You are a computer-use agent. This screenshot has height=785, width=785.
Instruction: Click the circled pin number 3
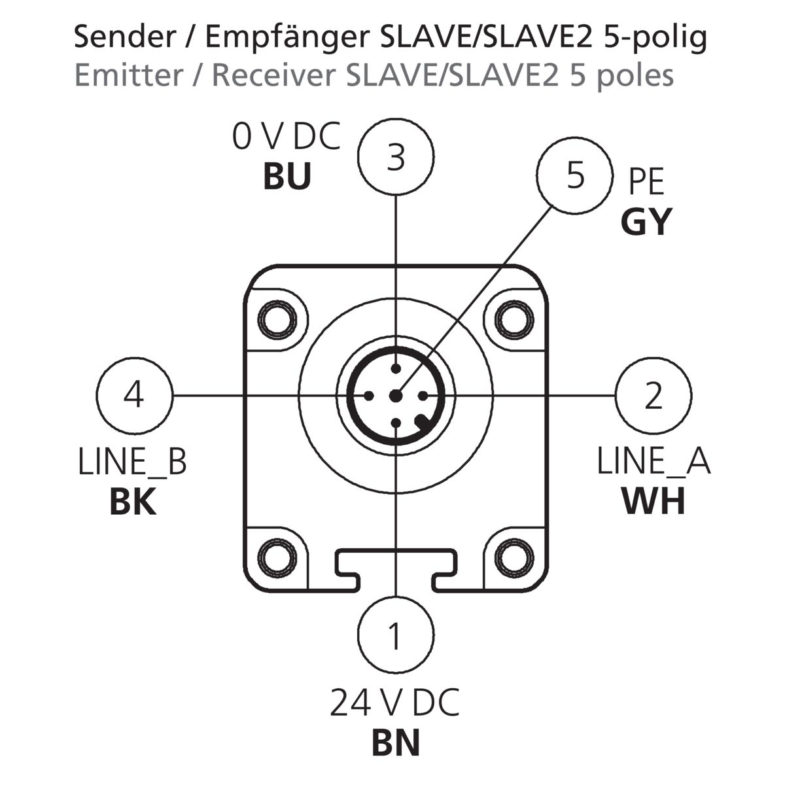click(x=396, y=158)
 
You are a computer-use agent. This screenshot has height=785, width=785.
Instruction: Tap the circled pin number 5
click(x=575, y=176)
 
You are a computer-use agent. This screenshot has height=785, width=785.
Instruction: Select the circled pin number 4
click(x=134, y=395)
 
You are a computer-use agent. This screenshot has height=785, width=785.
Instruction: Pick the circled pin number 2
click(x=654, y=395)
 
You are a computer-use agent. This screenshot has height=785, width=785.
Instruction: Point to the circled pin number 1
click(x=396, y=635)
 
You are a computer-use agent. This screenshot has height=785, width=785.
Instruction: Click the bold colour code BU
click(x=287, y=177)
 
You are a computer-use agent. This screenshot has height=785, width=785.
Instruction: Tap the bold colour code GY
click(x=646, y=222)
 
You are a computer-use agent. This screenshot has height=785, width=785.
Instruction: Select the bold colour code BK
click(x=133, y=502)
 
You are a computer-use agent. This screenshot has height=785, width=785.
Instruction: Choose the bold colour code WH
click(x=654, y=502)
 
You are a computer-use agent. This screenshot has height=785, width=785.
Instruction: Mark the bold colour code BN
click(x=396, y=743)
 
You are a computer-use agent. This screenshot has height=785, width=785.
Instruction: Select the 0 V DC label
click(x=287, y=137)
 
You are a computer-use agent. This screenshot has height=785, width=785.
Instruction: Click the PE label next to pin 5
click(x=646, y=183)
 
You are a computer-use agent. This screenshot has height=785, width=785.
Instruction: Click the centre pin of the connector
click(x=395, y=395)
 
